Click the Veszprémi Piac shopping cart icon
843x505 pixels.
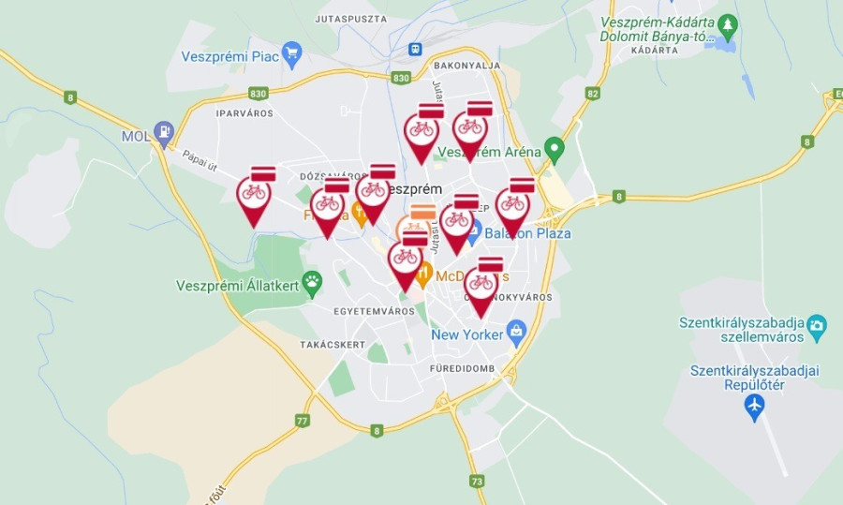tap(291, 52)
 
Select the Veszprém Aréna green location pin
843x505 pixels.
tap(555, 148)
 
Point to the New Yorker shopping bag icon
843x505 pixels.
tap(516, 331)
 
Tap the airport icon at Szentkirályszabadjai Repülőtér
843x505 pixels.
tap(754, 406)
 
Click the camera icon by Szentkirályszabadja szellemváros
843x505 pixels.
tap(817, 325)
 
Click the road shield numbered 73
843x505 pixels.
tap(478, 482)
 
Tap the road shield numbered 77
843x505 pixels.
tap(302, 421)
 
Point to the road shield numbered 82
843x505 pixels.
tap(592, 94)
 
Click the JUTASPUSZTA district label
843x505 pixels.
tap(350, 18)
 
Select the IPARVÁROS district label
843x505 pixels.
tap(244, 112)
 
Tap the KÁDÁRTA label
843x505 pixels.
tap(655, 50)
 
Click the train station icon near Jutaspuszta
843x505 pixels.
tap(415, 50)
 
